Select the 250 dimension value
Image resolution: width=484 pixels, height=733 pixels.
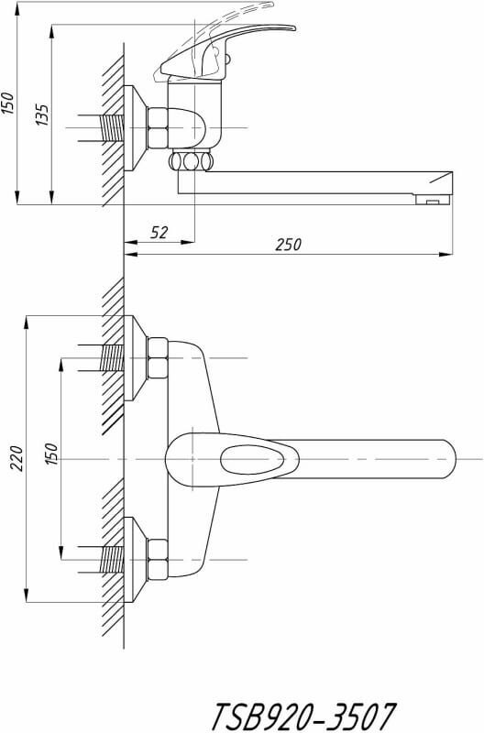288,245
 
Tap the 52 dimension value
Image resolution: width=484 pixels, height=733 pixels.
159,233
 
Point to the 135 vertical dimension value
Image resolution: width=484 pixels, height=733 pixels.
42,115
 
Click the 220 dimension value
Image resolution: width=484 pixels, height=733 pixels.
16,459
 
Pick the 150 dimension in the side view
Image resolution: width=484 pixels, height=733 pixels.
8,104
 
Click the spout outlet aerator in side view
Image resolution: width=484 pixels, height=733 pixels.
433,200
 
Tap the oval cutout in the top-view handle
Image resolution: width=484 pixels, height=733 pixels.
252,460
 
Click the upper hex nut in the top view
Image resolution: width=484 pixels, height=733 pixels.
158,358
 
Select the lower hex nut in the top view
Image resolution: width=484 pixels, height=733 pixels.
158,560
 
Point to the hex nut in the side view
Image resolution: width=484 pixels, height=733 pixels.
158,128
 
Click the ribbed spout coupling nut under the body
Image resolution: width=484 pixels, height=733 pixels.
191,161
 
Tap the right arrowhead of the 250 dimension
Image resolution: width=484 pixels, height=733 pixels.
446,255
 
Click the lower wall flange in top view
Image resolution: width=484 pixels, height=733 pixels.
136,560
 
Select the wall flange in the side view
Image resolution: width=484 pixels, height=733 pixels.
136,128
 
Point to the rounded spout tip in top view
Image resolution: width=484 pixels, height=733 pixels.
446,459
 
